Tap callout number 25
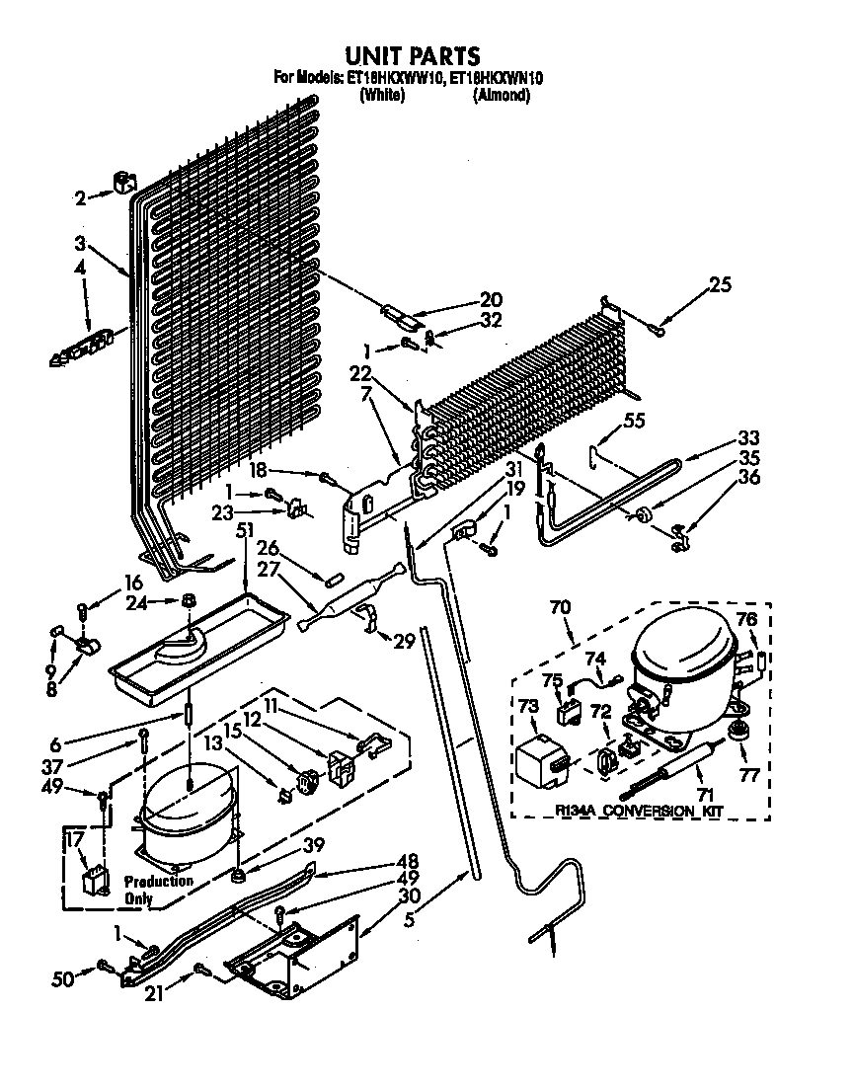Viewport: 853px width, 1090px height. pyautogui.click(x=720, y=286)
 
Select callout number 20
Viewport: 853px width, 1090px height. pyautogui.click(x=491, y=300)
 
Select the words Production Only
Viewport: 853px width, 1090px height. pyautogui.click(x=158, y=889)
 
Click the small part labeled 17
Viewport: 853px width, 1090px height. pyautogui.click(x=95, y=880)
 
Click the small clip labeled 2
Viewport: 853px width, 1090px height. pyautogui.click(x=122, y=182)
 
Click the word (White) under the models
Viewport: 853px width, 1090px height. pyautogui.click(x=381, y=96)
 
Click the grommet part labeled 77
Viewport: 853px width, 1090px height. pyautogui.click(x=736, y=732)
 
